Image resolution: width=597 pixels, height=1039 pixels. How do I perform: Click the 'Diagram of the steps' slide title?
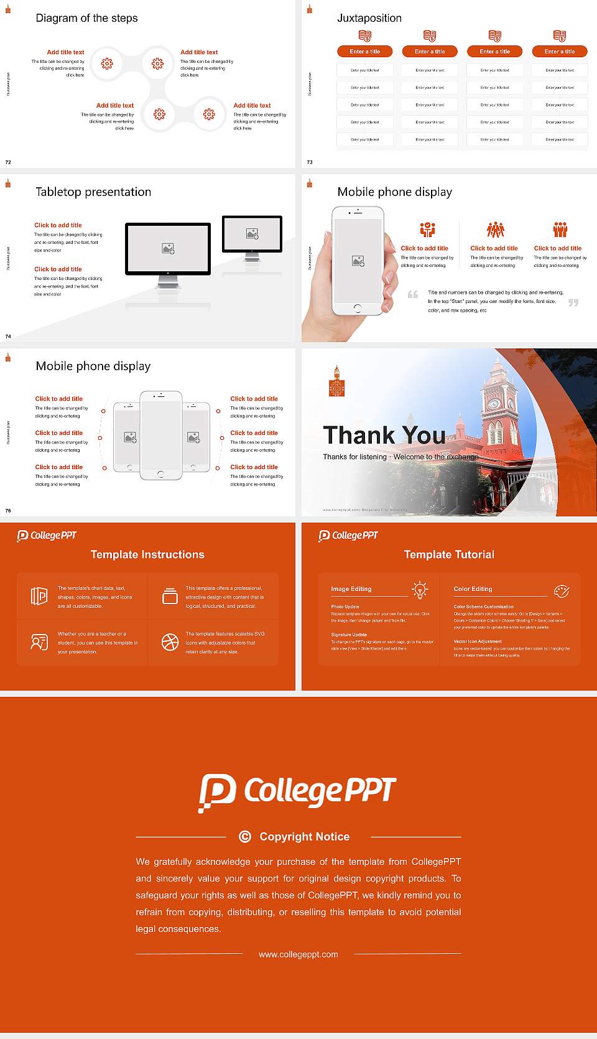coord(86,18)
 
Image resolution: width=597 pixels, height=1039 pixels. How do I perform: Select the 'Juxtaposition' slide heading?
coord(369,18)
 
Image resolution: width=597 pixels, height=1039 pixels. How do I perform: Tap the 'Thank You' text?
coord(384,435)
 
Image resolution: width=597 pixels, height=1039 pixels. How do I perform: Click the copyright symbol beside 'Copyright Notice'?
coord(245,837)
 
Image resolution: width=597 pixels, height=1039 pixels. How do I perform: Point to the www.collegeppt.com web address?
coord(298,954)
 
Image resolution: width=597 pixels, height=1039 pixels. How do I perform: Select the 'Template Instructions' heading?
coord(147,554)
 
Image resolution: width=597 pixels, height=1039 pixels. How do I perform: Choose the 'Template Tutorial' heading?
coord(449,554)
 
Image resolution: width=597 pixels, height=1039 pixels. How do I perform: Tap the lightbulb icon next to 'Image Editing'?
coord(420,590)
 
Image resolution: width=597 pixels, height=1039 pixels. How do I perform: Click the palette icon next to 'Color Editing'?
coord(562,590)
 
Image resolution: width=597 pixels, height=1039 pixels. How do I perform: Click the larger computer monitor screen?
coord(168,248)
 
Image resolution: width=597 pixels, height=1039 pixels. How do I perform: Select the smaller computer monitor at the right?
coord(252,234)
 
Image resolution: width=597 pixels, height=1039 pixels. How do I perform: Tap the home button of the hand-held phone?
coord(357,308)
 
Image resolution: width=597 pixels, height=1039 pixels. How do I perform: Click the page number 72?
coord(8,162)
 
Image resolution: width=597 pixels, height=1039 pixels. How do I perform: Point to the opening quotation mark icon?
coord(412,294)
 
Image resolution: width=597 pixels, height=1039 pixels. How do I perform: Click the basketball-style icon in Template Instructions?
coord(170,642)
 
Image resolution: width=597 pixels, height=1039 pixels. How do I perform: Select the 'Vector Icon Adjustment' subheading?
coord(477,641)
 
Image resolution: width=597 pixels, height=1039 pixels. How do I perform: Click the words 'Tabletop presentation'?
coord(93,192)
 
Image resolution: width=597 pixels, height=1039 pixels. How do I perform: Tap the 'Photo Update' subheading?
coord(345,607)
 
